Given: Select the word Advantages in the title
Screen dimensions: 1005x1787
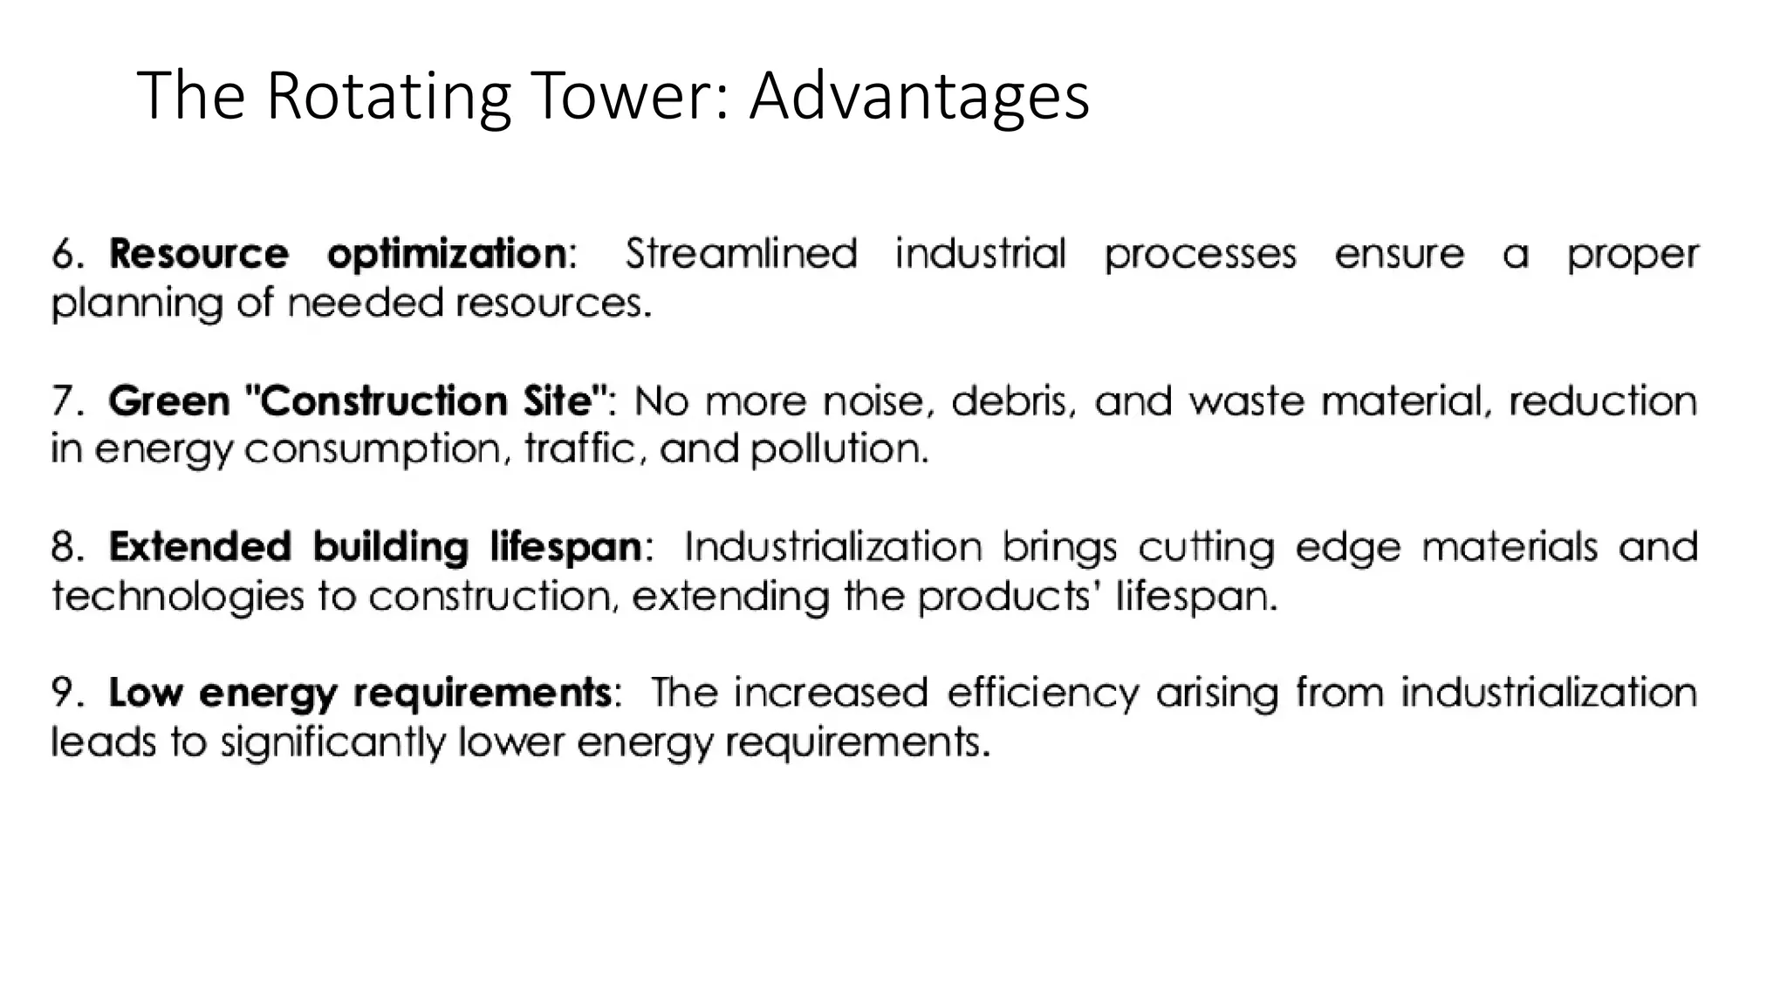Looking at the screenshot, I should click(920, 95).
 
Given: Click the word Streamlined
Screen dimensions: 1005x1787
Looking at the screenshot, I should click(741, 254).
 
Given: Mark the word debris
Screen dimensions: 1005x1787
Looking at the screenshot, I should click(1010, 401).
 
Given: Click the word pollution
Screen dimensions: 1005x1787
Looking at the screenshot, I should click(839, 449).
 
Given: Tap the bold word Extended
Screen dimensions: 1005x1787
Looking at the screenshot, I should click(199, 548).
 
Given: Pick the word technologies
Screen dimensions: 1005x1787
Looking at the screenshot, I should click(178, 597).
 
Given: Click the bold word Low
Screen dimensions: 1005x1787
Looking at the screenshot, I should click(145, 694).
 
